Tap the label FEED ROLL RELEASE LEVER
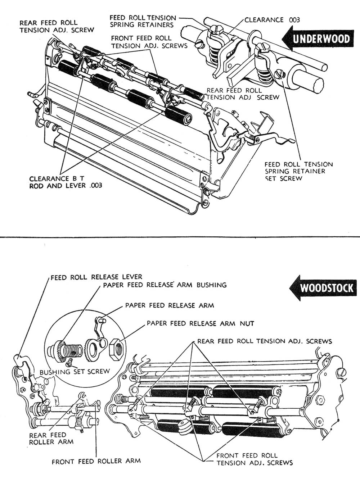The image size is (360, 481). [x=96, y=277]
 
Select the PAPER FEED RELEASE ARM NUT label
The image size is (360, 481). [x=200, y=323]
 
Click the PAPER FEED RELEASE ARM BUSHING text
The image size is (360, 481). [x=165, y=285]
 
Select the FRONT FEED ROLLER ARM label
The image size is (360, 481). [x=96, y=461]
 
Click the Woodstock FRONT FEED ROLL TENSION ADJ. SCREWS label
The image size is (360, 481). [x=255, y=459]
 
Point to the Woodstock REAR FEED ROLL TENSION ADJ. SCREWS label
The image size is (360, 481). [x=264, y=341]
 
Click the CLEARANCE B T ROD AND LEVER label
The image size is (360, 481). [x=65, y=182]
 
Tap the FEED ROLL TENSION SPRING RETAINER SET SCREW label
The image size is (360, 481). [x=298, y=171]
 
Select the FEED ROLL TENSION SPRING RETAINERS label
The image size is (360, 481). [x=143, y=21]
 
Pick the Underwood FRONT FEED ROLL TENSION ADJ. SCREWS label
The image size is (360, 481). [x=149, y=42]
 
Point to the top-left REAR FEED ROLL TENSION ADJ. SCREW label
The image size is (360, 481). [x=57, y=26]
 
